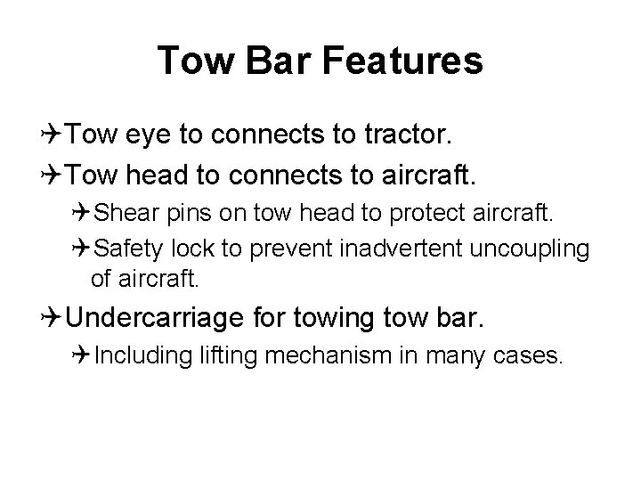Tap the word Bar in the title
[x=282, y=61]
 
